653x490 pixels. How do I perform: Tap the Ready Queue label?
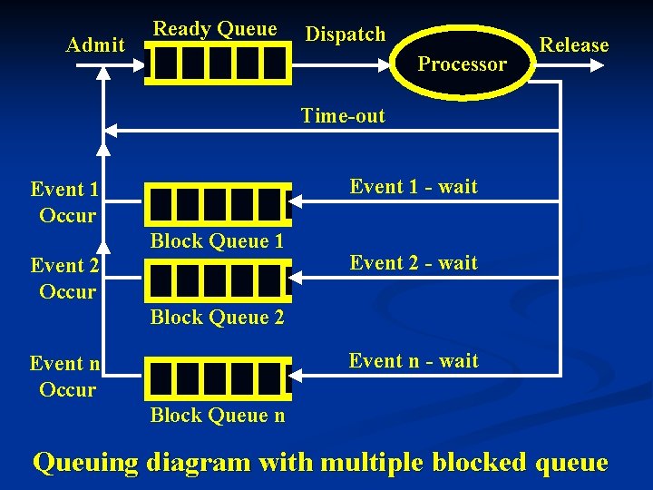click(215, 28)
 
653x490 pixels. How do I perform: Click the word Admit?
click(95, 44)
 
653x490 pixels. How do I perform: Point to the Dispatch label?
click(346, 34)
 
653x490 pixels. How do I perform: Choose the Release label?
click(574, 44)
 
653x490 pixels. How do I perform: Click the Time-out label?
click(343, 115)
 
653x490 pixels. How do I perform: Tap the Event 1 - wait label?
click(414, 186)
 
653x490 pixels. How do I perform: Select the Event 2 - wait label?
click(414, 262)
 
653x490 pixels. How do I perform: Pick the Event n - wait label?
click(414, 360)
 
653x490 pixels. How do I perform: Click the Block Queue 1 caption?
click(217, 240)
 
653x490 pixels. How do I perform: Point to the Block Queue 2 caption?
click(217, 317)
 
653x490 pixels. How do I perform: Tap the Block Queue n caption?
click(217, 415)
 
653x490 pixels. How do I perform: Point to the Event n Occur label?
click(66, 377)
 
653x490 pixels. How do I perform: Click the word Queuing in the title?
click(86, 463)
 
